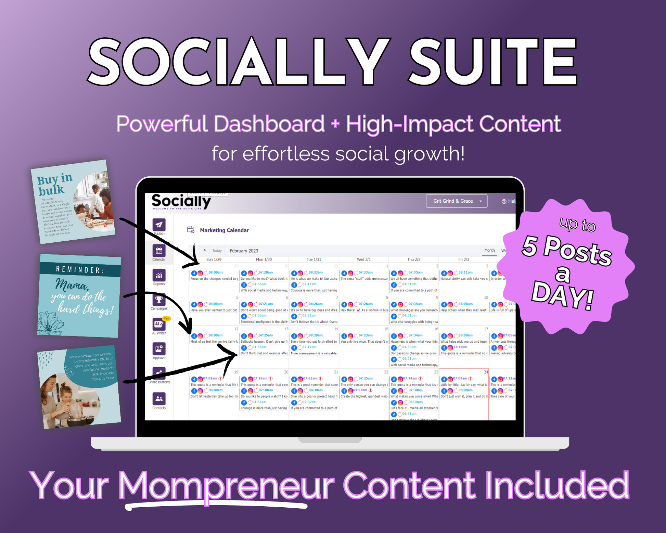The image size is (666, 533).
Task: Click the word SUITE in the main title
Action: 493,62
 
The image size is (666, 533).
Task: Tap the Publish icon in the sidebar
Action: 159,225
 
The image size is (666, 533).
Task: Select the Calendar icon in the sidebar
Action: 159,251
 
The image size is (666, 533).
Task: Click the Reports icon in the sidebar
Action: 159,275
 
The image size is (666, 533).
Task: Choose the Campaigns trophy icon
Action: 159,300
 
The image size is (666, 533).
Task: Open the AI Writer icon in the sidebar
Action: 159,324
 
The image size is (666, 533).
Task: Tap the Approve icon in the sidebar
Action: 159,349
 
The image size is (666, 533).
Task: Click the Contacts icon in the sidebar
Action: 159,399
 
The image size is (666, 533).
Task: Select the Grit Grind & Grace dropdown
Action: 456,201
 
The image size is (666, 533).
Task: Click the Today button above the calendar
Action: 217,251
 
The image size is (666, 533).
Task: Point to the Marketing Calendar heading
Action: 224,230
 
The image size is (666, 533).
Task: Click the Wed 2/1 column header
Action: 363,259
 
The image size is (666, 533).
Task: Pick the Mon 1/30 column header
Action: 264,259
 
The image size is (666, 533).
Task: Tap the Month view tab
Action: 489,251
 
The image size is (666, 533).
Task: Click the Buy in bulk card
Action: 73,202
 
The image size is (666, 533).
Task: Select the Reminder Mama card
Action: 80,296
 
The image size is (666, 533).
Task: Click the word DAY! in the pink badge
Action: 563,295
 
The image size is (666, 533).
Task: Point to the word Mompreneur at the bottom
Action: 226,485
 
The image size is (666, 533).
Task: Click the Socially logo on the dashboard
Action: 181,202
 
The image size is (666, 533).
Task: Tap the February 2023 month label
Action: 244,251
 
